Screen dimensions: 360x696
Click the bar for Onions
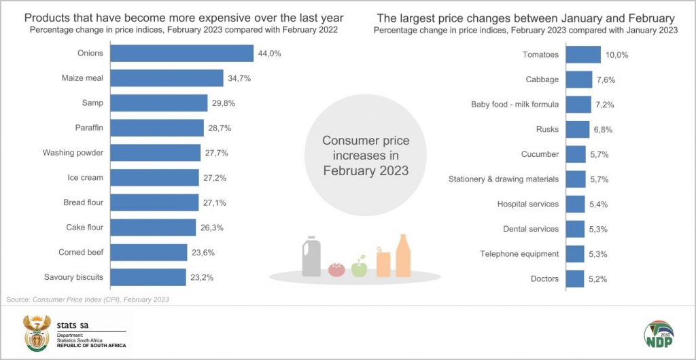(x=181, y=54)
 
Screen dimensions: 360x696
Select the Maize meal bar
(x=167, y=78)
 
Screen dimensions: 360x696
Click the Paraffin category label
(x=89, y=128)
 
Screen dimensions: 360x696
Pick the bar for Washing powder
(x=155, y=153)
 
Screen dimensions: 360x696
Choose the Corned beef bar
(x=148, y=252)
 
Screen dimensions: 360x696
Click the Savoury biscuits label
(x=74, y=277)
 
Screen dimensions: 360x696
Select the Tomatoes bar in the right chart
(x=583, y=54)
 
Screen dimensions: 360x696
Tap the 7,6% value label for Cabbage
(x=606, y=79)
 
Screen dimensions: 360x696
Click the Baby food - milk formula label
(x=515, y=104)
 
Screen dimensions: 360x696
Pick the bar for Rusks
(x=578, y=129)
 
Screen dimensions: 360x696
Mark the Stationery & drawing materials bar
(x=576, y=179)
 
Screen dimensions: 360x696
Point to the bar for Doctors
(x=575, y=278)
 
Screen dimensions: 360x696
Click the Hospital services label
(x=527, y=204)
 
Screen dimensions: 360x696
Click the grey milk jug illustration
(x=312, y=257)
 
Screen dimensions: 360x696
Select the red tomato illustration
(x=336, y=269)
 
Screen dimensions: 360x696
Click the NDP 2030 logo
(x=658, y=336)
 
